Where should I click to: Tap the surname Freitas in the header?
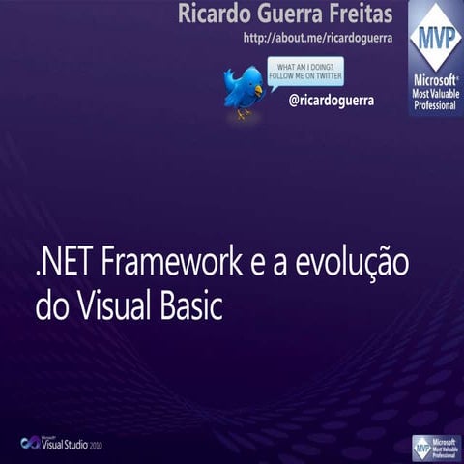tap(362, 14)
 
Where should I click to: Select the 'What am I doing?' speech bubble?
tap(304, 72)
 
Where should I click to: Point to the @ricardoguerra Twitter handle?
tap(332, 100)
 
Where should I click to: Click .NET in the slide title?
tap(64, 263)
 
